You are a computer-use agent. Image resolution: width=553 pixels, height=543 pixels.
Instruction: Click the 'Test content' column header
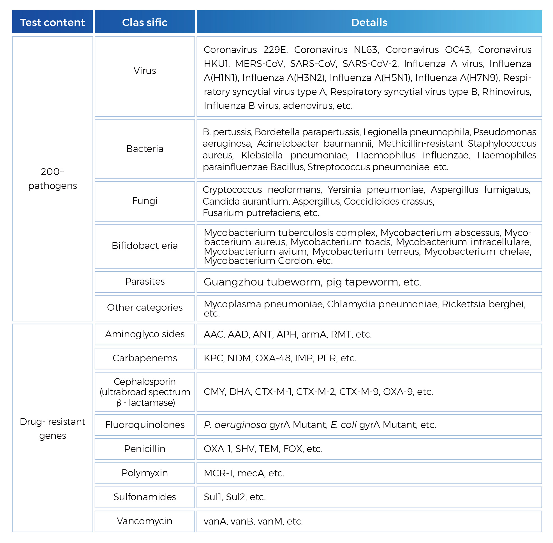pos(53,22)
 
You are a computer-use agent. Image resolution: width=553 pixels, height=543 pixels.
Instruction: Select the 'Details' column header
pos(369,22)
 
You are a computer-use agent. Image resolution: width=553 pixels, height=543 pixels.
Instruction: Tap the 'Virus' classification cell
pos(145,71)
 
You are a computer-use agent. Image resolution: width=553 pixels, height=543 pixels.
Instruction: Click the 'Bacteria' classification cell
pos(145,149)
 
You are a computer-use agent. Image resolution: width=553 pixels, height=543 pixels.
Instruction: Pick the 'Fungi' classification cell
pos(145,201)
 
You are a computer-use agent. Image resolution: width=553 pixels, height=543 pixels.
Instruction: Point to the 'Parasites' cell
pos(145,282)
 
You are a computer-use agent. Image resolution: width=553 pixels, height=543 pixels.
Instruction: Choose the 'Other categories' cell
pos(145,308)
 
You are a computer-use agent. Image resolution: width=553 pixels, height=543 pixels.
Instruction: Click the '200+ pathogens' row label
pos(53,179)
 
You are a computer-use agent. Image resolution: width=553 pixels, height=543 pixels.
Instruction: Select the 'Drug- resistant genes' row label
pos(53,429)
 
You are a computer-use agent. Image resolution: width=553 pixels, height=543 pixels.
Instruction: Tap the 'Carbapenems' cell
pos(145,358)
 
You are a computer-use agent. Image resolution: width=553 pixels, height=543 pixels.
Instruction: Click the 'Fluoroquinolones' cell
pos(145,425)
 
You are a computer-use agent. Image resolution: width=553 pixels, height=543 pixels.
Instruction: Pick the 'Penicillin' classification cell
pos(145,449)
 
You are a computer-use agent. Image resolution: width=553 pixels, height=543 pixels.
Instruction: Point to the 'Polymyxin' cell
pos(145,473)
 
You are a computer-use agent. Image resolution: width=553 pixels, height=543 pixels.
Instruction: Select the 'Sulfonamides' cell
pos(145,497)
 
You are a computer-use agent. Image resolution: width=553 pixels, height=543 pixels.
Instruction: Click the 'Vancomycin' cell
pos(145,521)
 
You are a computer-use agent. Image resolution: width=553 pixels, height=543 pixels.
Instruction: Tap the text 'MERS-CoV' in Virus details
pos(260,64)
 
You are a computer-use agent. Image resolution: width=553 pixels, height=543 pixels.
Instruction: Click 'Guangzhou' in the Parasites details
pos(233,282)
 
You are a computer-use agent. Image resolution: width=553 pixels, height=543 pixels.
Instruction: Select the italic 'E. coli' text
pos(344,425)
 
